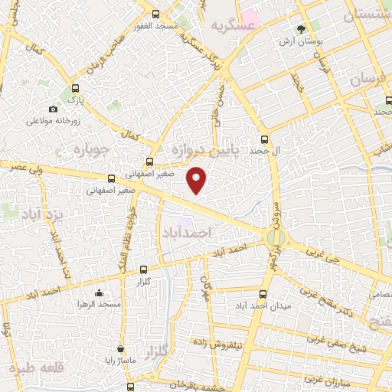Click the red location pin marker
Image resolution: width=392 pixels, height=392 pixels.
(x=198, y=180)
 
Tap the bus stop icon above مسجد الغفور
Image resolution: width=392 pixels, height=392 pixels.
(x=156, y=14)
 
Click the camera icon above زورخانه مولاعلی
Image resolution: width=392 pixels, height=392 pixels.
(x=53, y=109)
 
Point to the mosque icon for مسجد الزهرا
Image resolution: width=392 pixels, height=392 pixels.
(x=99, y=292)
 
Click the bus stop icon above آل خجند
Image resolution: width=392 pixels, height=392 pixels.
(x=265, y=139)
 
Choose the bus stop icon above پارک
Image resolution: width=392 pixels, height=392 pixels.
(x=75, y=88)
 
